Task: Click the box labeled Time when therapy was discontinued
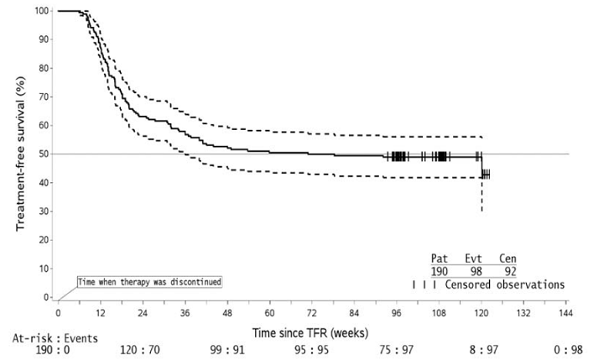coord(150,282)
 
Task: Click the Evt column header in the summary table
coord(473,258)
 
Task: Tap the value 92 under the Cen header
coord(507,272)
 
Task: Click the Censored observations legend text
coord(505,285)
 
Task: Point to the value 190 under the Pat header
coord(440,272)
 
